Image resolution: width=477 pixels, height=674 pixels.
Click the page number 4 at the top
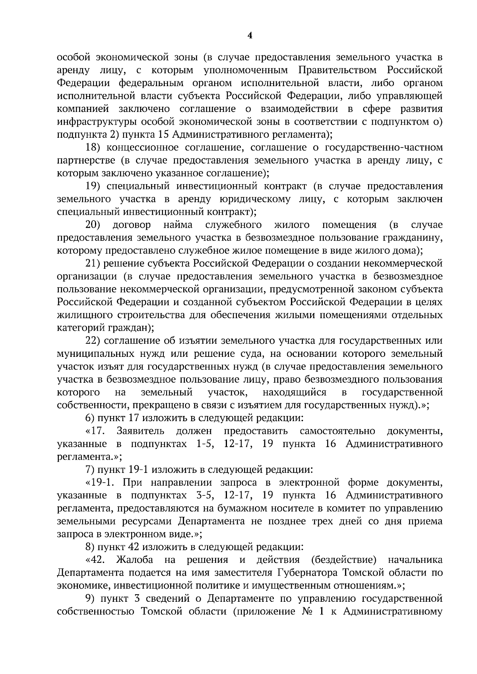[250, 36]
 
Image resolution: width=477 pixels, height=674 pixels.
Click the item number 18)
[94, 148]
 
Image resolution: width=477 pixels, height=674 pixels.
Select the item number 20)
[93, 225]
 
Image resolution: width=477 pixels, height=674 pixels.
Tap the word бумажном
[213, 508]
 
